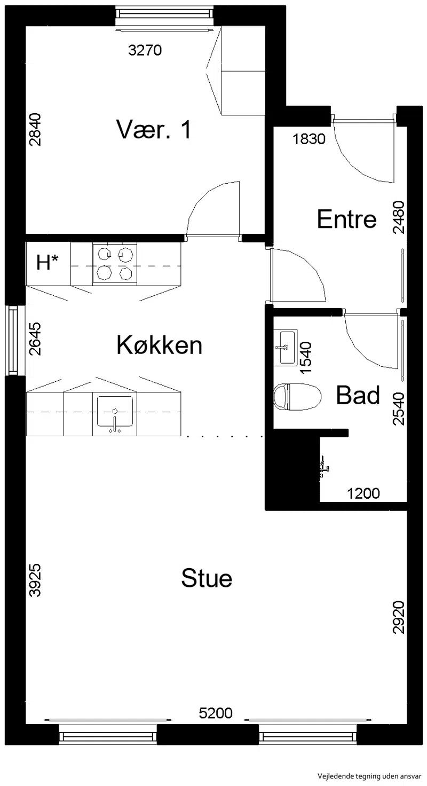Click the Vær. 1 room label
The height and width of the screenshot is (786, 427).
(154, 129)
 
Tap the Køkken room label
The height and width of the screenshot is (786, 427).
(159, 345)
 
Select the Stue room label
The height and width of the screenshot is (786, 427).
(207, 578)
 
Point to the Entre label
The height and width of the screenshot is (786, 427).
(346, 219)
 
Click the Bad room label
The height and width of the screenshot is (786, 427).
(358, 395)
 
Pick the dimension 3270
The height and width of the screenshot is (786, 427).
(145, 50)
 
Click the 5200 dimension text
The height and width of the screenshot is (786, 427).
(216, 713)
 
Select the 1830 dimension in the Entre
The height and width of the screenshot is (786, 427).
(309, 139)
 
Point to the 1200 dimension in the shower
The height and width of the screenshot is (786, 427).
(363, 493)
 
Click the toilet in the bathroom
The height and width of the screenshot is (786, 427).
(297, 397)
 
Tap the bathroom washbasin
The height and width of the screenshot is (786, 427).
(285, 348)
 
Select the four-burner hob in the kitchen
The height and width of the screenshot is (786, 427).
(115, 264)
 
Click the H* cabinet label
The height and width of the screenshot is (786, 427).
(48, 262)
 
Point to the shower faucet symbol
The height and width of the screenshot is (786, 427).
(324, 466)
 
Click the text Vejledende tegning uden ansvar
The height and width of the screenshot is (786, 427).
(369, 776)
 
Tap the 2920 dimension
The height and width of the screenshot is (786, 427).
(399, 617)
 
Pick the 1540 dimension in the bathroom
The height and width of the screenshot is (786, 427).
(306, 358)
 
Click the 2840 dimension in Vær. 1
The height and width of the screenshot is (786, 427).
(35, 129)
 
